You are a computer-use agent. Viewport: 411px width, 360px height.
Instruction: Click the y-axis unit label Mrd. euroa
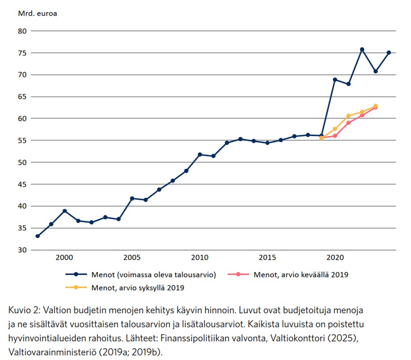pyautogui.click(x=37, y=13)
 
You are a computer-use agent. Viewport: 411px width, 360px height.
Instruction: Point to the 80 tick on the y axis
pyautogui.click(x=22, y=31)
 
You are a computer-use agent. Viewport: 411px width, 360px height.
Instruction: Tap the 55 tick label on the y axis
pyautogui.click(x=22, y=140)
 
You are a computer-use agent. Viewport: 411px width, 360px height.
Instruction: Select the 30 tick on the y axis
pyautogui.click(x=22, y=250)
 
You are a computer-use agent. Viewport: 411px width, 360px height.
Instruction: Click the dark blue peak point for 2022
pyautogui.click(x=362, y=50)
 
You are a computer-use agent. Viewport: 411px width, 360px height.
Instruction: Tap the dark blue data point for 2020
pyautogui.click(x=335, y=79)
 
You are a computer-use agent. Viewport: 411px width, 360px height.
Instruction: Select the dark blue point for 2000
pyautogui.click(x=65, y=211)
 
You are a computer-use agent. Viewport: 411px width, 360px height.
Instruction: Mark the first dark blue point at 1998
pyautogui.click(x=38, y=236)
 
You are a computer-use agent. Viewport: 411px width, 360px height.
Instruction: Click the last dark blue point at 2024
pyautogui.click(x=389, y=53)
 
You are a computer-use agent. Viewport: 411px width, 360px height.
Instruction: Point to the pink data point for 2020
pyautogui.click(x=335, y=136)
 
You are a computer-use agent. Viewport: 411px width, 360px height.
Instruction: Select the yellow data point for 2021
pyautogui.click(x=348, y=116)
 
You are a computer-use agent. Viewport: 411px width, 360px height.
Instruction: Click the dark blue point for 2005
pyautogui.click(x=132, y=198)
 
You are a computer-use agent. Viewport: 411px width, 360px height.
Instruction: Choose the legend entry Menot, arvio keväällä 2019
pyautogui.click(x=301, y=274)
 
